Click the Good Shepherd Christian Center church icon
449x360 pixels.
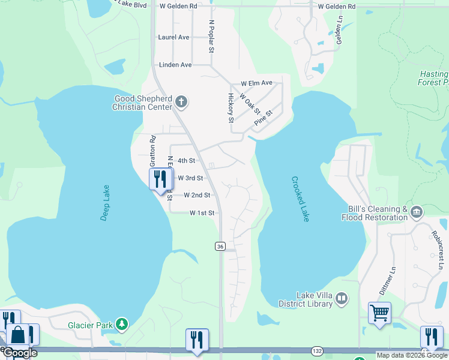pyautogui.click(x=181, y=103)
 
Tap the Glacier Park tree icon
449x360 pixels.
pyautogui.click(x=122, y=325)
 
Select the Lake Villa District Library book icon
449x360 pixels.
pyautogui.click(x=342, y=298)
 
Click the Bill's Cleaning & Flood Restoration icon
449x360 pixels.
pyautogui.click(x=416, y=212)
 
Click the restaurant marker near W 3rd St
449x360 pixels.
pyautogui.click(x=160, y=179)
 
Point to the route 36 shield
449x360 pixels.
pyautogui.click(x=220, y=247)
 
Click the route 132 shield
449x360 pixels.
pyautogui.click(x=318, y=350)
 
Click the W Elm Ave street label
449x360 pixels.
pyautogui.click(x=256, y=83)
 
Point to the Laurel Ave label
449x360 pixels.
pyautogui.click(x=173, y=37)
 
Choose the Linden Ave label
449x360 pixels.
pyautogui.click(x=175, y=65)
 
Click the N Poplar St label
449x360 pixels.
pyautogui.click(x=211, y=37)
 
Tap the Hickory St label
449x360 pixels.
pyautogui.click(x=231, y=108)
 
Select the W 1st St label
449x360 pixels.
pyautogui.click(x=202, y=213)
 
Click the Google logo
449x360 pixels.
pyautogui.click(x=19, y=353)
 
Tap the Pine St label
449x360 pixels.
pyautogui.click(x=263, y=117)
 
